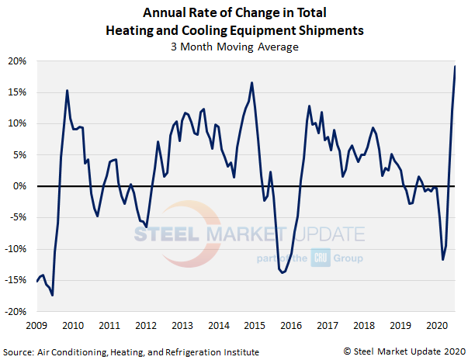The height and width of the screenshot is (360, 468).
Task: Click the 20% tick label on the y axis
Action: (18, 61)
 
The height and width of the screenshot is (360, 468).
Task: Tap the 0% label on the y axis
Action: (21, 186)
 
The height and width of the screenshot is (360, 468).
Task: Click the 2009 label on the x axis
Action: (36, 325)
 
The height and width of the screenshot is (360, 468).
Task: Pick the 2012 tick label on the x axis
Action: (145, 325)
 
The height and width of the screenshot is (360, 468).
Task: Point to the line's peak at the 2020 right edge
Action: (455, 67)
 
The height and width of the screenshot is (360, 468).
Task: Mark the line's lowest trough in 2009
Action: (52, 295)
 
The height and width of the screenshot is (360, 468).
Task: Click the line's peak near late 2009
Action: (67, 91)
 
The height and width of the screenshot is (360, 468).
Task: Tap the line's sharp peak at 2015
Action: (252, 83)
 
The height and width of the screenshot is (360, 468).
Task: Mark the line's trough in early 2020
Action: (442, 259)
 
